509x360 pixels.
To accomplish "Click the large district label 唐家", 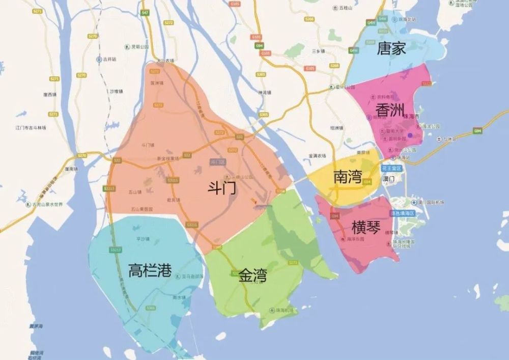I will point(391,49).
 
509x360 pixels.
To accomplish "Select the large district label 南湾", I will point(348,177).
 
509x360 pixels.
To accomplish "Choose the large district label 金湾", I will point(252,276).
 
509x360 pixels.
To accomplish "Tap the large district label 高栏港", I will point(150,270).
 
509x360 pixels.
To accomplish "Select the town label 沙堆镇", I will point(117,92).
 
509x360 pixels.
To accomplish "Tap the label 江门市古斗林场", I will point(31,128).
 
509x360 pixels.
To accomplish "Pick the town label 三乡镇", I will point(318,51).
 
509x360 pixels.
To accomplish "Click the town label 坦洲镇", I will point(337,128).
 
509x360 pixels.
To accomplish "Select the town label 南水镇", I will point(179,297).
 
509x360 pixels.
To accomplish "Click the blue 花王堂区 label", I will point(392,168).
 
